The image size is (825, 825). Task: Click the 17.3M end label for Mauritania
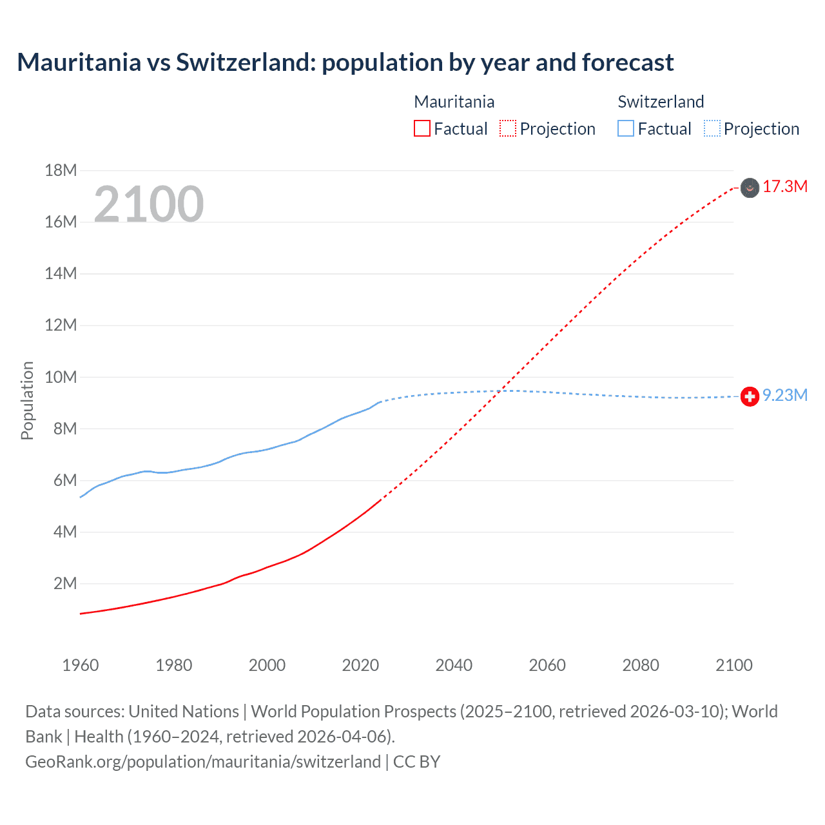click(x=784, y=187)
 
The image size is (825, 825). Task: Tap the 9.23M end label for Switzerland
click(x=784, y=396)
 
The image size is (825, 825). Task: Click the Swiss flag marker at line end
click(x=750, y=396)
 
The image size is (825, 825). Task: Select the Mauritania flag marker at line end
click(x=750, y=188)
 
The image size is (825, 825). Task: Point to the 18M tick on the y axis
click(x=61, y=171)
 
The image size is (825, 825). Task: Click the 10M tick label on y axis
click(x=61, y=377)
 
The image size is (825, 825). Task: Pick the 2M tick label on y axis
click(x=65, y=584)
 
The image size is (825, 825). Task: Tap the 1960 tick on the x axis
click(x=81, y=665)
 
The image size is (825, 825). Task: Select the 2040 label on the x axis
click(x=454, y=665)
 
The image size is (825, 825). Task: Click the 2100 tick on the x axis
click(x=733, y=665)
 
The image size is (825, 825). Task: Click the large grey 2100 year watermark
click(x=149, y=204)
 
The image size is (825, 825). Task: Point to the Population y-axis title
click(x=27, y=400)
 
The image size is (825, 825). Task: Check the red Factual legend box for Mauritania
click(x=422, y=129)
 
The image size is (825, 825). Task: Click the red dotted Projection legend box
click(x=508, y=129)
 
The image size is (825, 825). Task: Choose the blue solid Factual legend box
click(x=626, y=129)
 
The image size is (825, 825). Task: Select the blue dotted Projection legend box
click(x=712, y=129)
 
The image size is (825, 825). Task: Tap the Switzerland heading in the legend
click(x=661, y=102)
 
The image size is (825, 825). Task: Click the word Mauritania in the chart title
click(x=79, y=63)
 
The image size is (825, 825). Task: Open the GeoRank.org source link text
click(x=203, y=762)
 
